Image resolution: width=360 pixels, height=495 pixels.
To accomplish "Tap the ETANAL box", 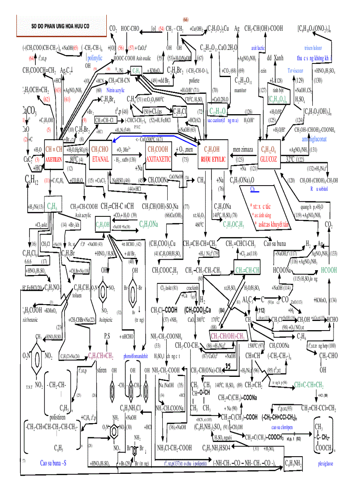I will tap(101, 154).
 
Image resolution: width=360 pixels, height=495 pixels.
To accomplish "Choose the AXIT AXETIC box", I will tap(158, 154).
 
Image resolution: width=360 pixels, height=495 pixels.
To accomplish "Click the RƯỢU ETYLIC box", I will tap(213, 154).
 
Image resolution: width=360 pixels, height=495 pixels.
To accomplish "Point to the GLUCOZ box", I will tap(268, 154).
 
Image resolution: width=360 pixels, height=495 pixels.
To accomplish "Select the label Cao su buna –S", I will tap(53, 462).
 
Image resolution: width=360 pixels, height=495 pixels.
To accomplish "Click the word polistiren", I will tap(60, 417).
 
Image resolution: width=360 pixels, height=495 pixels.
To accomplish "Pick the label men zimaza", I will tap(243, 149).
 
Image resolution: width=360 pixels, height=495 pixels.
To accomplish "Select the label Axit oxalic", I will tap(144, 58).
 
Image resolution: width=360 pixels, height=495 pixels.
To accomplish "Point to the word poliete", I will tap(194, 81).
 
